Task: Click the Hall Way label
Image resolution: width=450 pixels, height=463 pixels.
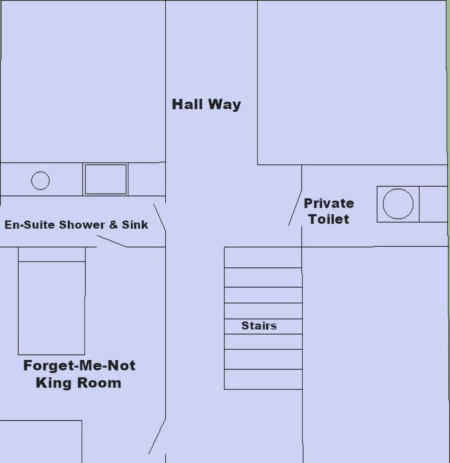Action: point(206,104)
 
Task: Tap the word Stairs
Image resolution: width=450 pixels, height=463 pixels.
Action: point(259,325)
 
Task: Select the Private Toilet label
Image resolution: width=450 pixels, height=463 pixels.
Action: point(329,211)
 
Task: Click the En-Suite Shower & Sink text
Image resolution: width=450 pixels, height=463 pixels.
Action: point(76,225)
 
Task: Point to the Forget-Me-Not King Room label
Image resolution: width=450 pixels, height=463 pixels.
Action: point(79,374)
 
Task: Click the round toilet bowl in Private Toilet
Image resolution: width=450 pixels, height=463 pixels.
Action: point(398,204)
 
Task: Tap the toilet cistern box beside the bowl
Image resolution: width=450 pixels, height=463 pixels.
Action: point(433,204)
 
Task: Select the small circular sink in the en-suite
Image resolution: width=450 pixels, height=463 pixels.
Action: point(40,180)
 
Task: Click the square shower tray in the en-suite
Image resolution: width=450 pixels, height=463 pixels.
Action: point(106,179)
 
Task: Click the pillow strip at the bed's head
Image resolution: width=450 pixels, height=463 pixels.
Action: point(52,254)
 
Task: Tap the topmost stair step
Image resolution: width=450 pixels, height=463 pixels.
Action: point(263,257)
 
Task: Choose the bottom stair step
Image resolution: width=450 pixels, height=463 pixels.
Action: point(263,379)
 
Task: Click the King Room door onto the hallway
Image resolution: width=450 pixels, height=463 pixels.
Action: point(157,436)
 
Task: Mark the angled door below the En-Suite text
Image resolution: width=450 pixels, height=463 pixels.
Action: point(112,241)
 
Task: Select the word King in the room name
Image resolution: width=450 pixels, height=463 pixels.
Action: point(53,383)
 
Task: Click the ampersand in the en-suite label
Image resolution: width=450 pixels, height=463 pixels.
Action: point(113,225)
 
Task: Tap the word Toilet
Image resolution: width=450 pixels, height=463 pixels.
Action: point(329,219)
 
